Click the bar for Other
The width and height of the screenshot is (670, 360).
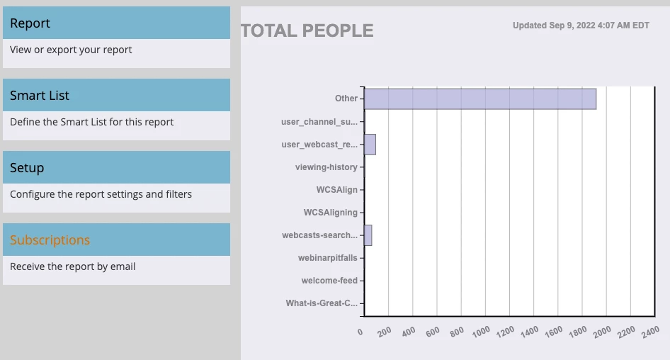coord(479,99)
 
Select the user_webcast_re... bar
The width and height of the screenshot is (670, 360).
coord(370,145)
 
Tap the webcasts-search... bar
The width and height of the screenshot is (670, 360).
coord(368,235)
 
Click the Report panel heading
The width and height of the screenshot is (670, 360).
coord(30,23)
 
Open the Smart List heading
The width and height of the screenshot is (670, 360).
coord(40,96)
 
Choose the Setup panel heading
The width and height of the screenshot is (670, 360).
coord(27,168)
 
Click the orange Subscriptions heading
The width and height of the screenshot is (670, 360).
coord(50,240)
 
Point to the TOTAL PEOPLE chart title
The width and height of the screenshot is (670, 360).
coord(307,31)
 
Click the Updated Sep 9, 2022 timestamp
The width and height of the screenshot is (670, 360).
coord(581,26)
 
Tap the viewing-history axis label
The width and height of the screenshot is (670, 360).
coord(326,167)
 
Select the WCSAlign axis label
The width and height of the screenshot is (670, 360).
coord(336,190)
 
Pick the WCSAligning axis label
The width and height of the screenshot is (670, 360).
coord(330,213)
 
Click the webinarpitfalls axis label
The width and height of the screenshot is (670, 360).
coord(327,258)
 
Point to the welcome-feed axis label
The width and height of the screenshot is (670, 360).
coord(329,281)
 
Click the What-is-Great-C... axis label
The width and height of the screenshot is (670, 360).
coord(322,303)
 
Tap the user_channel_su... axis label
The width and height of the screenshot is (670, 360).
coord(319,122)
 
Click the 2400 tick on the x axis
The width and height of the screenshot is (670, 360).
coord(650,331)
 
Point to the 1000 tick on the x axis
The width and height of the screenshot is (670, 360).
coord(481,331)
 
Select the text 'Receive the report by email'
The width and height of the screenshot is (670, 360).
coord(72,266)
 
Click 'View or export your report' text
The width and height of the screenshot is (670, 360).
coord(71,50)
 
